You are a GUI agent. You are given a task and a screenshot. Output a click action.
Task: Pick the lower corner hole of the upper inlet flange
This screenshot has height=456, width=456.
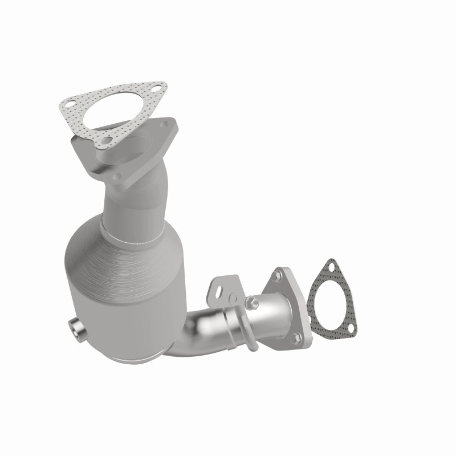[117, 177]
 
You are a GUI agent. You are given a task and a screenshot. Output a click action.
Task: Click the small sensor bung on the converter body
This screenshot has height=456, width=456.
[74, 328]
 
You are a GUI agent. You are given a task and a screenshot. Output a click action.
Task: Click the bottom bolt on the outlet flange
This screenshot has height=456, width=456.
[295, 337]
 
